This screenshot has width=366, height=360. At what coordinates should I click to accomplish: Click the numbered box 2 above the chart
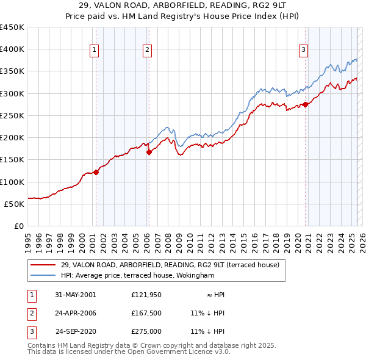pos(148,51)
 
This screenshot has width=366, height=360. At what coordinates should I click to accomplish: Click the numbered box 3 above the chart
pos(303,51)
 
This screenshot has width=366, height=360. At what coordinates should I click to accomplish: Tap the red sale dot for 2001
pos(96,172)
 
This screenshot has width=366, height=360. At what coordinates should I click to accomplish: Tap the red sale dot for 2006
pos(149,152)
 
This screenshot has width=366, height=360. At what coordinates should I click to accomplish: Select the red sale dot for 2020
pos(305,105)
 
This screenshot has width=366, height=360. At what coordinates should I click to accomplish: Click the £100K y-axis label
pos(12,182)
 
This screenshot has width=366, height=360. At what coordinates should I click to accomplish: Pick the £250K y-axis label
pos(12,115)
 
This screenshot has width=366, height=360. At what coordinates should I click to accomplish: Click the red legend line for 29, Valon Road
pos(43,265)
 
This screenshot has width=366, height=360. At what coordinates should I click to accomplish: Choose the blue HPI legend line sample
pos(43,275)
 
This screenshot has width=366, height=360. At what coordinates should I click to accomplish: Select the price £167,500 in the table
pos(146,313)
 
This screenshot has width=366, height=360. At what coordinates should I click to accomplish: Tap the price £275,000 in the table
pos(146,331)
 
